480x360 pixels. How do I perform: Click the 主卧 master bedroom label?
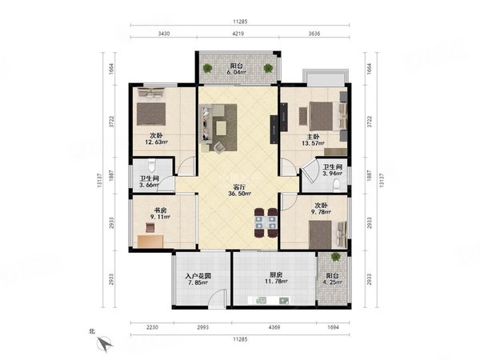click(x=313, y=137)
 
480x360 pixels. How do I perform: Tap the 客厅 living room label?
click(x=238, y=187)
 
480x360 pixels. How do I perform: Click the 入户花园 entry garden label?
click(x=198, y=276)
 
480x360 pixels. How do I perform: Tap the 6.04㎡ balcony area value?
click(x=237, y=73)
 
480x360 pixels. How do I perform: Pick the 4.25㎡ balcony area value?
click(x=332, y=282)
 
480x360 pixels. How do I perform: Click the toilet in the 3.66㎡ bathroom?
click(x=151, y=166)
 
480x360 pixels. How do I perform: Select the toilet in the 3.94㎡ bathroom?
click(x=337, y=186)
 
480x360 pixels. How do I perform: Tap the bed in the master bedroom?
click(x=327, y=117)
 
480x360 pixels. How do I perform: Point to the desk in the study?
click(x=150, y=242)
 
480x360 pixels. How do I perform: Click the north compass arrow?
click(x=105, y=344)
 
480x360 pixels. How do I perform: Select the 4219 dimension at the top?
click(x=238, y=34)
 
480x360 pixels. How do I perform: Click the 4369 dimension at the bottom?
click(x=274, y=327)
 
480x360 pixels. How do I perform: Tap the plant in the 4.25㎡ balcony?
click(x=335, y=257)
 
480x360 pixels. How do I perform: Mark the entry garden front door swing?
click(x=217, y=298)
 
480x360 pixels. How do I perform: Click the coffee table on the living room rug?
click(x=221, y=128)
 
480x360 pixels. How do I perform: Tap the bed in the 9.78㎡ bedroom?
click(x=327, y=234)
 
